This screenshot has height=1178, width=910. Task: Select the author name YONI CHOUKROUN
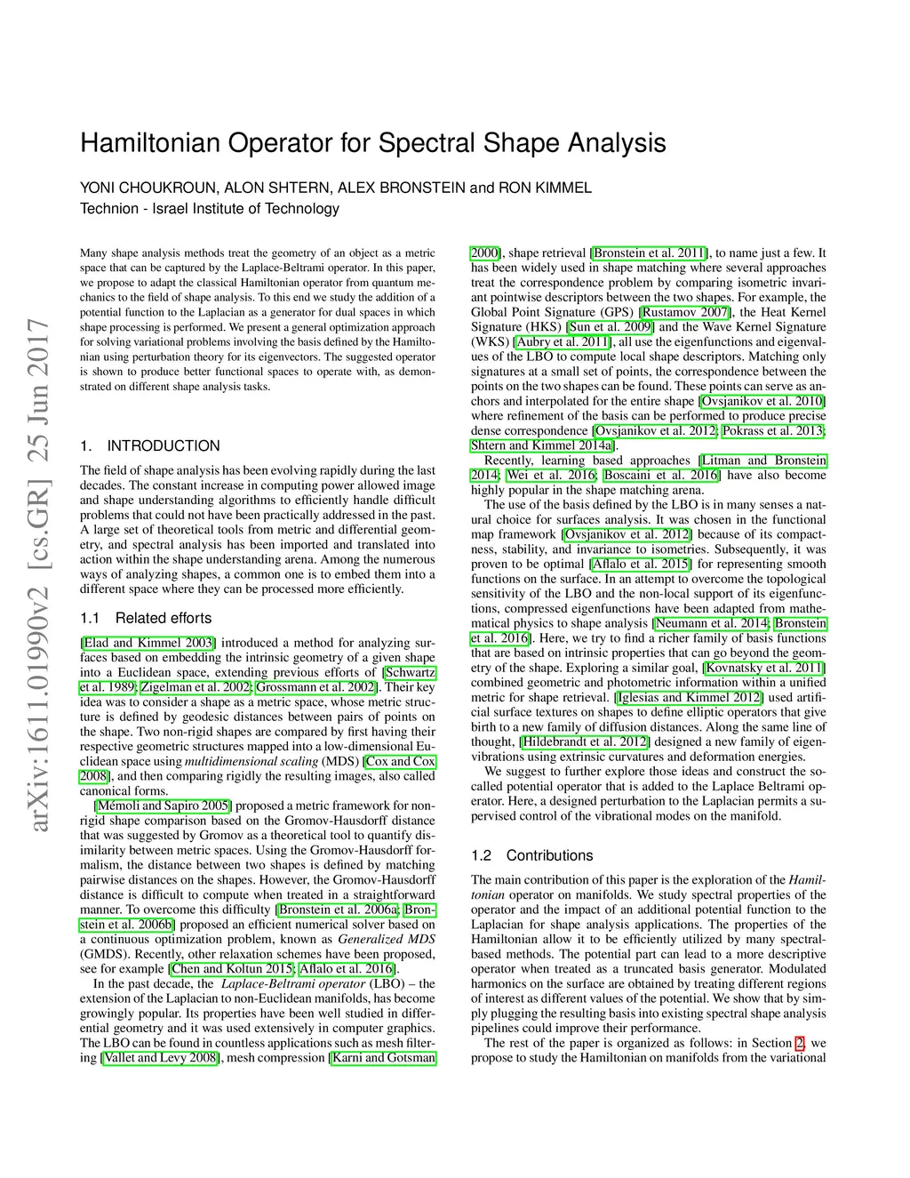(147, 188)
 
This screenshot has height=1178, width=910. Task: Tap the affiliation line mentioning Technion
(210, 209)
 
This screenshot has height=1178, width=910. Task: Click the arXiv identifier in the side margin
(40, 578)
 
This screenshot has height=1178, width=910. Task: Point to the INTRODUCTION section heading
(164, 446)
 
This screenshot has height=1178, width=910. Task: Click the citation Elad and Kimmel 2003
(148, 643)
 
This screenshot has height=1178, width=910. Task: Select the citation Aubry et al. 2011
(563, 341)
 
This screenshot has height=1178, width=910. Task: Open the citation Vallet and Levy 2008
(161, 1058)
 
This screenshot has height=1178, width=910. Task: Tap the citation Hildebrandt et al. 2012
(585, 741)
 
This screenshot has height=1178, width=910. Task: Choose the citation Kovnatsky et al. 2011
(764, 668)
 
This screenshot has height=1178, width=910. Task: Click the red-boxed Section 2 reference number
(800, 1043)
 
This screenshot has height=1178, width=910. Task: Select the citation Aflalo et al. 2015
(641, 564)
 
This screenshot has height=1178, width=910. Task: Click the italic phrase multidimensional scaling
(251, 761)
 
